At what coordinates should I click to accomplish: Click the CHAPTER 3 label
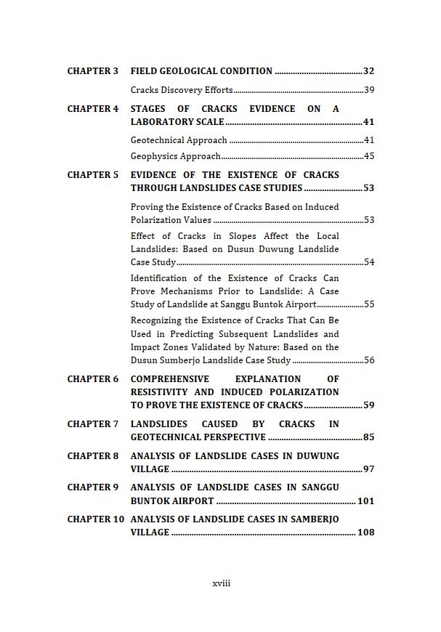point(92,71)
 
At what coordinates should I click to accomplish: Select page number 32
point(368,71)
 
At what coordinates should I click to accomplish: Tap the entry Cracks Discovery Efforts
point(182,90)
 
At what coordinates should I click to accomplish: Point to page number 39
point(368,90)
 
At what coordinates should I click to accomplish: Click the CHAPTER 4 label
point(92,109)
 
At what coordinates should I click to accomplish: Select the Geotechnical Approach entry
point(179,140)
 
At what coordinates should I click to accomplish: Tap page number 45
point(368,156)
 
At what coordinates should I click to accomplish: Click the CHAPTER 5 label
point(92,175)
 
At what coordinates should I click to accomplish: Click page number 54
point(368,262)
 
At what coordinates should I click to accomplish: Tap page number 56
point(368,360)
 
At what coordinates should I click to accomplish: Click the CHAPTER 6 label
point(92,379)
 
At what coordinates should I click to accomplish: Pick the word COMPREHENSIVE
point(170,379)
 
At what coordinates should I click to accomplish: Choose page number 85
point(368,437)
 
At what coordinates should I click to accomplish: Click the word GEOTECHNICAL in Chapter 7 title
point(162,437)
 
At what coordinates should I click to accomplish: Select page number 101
point(365,501)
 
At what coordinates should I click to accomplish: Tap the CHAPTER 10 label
point(95,519)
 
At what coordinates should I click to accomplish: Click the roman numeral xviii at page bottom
point(221,583)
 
